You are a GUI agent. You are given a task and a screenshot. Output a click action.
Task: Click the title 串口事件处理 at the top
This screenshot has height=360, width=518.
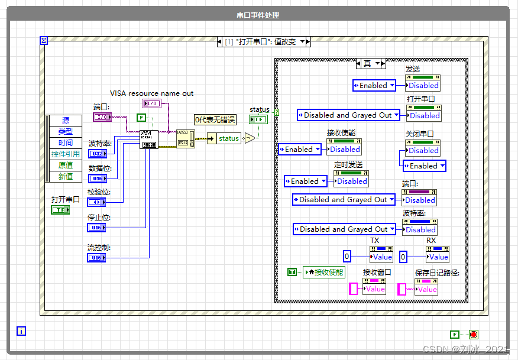[x=258, y=15]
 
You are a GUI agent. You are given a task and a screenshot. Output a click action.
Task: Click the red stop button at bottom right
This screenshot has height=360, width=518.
[x=473, y=334]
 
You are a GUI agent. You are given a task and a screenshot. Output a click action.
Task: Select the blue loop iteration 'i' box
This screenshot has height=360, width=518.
[x=22, y=331]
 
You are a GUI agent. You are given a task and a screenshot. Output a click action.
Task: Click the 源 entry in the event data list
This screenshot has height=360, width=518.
[x=65, y=121]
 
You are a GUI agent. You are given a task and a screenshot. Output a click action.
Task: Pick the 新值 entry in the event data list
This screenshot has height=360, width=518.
[x=65, y=176]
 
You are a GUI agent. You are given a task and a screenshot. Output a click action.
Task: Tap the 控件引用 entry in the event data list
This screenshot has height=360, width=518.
[x=65, y=154]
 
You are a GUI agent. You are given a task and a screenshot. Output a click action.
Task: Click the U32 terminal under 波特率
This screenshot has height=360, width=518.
[x=98, y=154]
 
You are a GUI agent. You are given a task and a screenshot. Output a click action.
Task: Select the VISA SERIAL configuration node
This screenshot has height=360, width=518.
[x=149, y=140]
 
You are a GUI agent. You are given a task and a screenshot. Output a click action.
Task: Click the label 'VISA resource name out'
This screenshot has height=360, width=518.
[x=151, y=93]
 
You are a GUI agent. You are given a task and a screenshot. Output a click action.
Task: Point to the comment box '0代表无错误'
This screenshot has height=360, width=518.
[x=215, y=120]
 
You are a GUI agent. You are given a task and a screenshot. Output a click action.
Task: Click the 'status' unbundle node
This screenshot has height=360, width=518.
[x=228, y=138]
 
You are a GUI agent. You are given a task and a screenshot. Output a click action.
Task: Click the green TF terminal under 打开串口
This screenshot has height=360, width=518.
[x=60, y=210]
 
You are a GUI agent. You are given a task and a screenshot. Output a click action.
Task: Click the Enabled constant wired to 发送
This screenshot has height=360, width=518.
[x=373, y=86]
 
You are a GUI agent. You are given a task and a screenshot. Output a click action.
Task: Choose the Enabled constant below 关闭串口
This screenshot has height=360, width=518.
[x=424, y=166]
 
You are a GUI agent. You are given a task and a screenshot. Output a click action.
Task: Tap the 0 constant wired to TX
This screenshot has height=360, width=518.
[x=347, y=257]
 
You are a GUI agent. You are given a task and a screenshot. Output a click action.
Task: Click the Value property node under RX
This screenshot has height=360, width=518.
[x=438, y=257]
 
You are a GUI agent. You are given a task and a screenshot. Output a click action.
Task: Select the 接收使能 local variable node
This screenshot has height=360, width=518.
[x=323, y=273]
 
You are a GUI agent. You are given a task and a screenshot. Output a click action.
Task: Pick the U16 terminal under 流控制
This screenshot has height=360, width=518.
[x=98, y=258]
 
